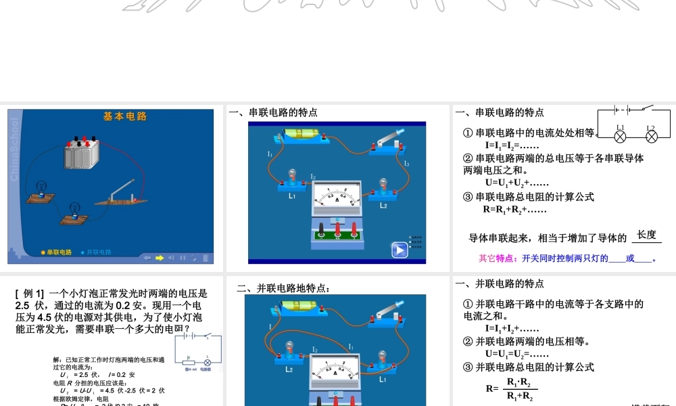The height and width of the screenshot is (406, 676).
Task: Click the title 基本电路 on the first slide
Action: [125, 116]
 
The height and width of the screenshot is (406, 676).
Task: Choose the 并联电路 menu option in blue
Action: [96, 252]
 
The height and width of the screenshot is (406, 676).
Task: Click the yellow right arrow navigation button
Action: [160, 257]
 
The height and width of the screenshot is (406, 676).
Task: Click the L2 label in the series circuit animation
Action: [383, 204]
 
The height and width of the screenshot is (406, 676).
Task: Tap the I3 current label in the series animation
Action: [406, 164]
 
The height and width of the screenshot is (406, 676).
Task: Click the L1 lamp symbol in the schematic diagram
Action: [621, 137]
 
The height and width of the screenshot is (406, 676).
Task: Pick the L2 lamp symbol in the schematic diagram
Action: [651, 137]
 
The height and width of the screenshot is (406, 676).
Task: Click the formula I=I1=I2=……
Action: [511, 145]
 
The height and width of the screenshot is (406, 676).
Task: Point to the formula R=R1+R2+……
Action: [514, 210]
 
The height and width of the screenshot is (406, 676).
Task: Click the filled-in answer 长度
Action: [646, 235]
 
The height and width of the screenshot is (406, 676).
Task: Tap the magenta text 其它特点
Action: [497, 258]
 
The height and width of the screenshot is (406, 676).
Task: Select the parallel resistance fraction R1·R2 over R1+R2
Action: [518, 389]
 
